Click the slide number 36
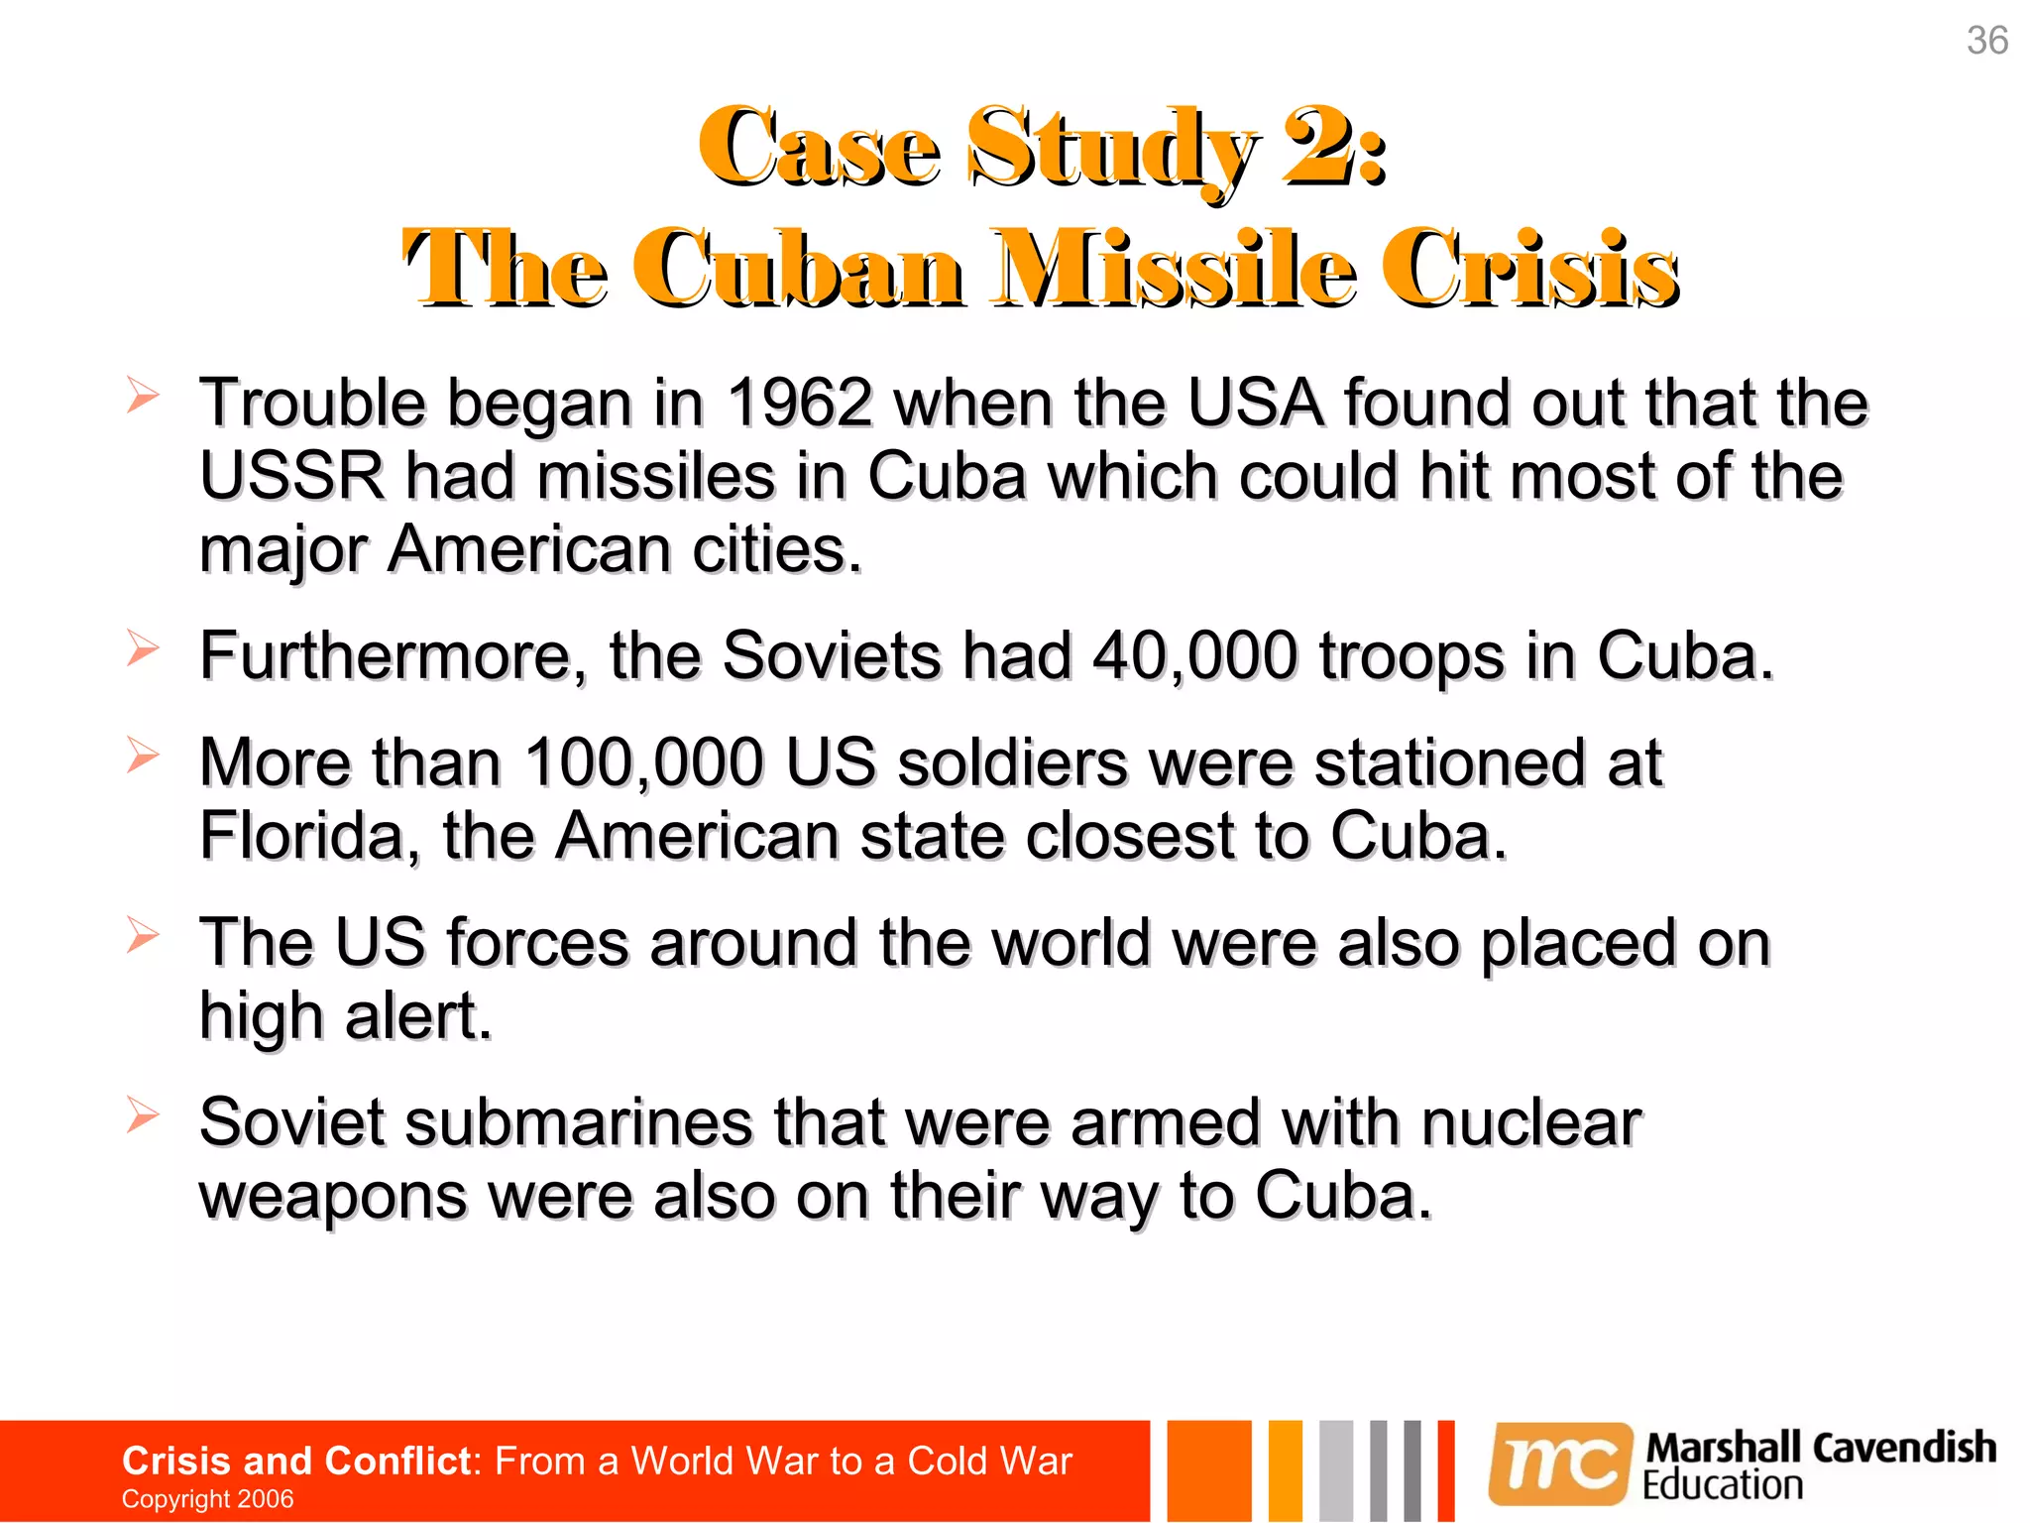click(x=1986, y=41)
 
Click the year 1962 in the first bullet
click(x=799, y=404)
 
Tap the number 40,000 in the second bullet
click(x=1193, y=656)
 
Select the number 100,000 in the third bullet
click(x=644, y=763)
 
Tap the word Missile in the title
click(x=1177, y=269)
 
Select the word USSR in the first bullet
click(x=291, y=477)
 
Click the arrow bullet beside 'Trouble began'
click(x=143, y=397)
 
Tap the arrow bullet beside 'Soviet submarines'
click(x=143, y=1115)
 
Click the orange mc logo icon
click(x=1559, y=1463)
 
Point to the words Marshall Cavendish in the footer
click(x=1820, y=1448)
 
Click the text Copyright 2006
click(x=207, y=1498)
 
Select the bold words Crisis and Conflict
click(x=295, y=1461)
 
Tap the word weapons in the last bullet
click(x=332, y=1196)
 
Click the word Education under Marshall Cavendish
click(x=1722, y=1485)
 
